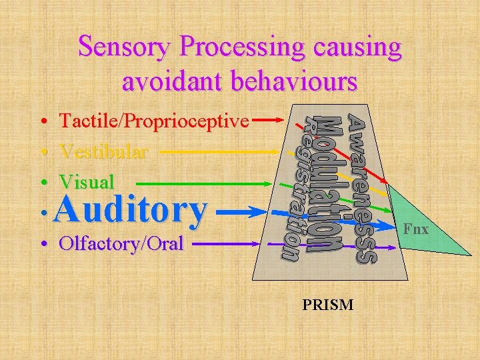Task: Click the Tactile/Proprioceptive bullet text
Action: click(x=154, y=121)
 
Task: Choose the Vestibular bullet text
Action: click(x=103, y=151)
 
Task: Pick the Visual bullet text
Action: click(x=87, y=181)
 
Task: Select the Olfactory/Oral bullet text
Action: click(x=121, y=243)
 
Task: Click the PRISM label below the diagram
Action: click(x=328, y=305)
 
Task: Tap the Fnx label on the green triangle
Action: click(x=416, y=229)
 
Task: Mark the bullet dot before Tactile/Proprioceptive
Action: click(x=42, y=122)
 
